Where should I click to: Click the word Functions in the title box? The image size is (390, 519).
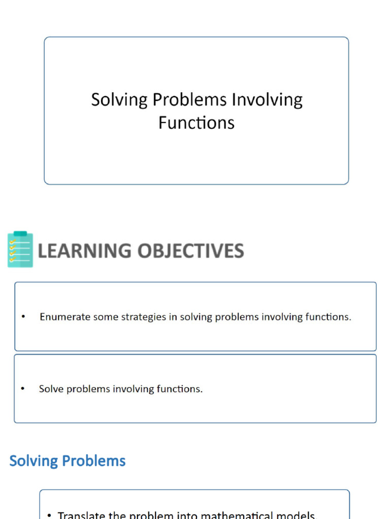196,123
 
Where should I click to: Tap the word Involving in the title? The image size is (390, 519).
267,100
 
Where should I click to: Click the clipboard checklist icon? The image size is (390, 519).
20,249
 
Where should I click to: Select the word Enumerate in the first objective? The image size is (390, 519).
64,317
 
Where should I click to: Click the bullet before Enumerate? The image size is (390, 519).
23,317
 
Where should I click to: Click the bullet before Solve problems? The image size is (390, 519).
23,389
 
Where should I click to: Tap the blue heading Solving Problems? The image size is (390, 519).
68,461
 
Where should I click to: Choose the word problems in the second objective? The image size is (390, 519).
89,389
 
